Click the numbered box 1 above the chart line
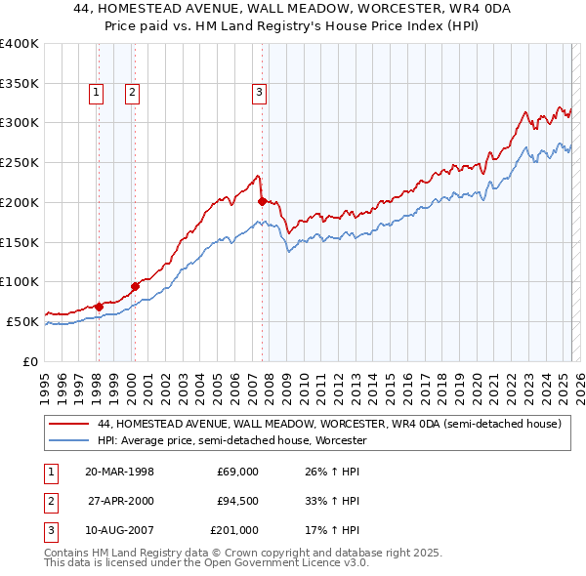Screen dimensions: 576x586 tap(98, 93)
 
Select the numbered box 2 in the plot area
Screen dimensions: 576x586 tap(131, 93)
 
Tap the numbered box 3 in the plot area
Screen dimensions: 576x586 tap(260, 93)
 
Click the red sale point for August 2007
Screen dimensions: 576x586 tap(262, 201)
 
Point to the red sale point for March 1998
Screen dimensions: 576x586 tap(99, 307)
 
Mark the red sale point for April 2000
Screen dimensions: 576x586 tap(135, 286)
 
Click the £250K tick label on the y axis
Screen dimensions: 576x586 tap(19, 162)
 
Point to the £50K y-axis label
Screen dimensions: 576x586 tap(22, 321)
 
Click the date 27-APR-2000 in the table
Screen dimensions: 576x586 tap(120, 501)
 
